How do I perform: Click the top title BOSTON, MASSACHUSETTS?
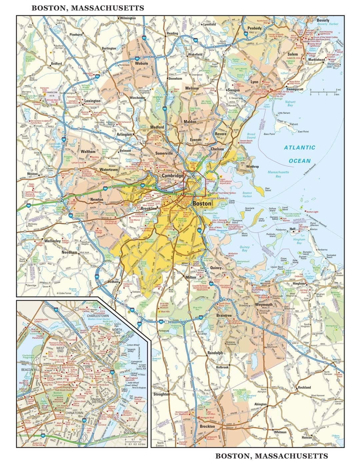(x=88, y=8)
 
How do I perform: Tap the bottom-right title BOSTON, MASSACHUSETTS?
(x=272, y=456)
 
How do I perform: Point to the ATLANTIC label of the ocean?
(x=299, y=147)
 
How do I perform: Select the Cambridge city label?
(x=172, y=175)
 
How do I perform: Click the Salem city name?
(x=292, y=54)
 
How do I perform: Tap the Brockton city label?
(x=207, y=426)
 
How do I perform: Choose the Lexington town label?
(x=92, y=101)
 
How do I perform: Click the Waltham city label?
(x=88, y=152)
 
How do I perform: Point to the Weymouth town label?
(x=264, y=305)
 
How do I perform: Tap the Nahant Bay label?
(x=290, y=103)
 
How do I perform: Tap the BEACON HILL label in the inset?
(x=31, y=370)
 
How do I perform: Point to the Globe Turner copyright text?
(x=65, y=293)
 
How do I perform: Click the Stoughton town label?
(x=161, y=394)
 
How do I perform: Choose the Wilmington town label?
(x=128, y=18)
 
